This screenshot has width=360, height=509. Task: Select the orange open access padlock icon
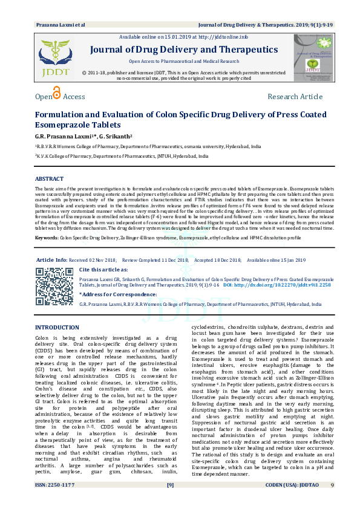pyautogui.click(x=56, y=93)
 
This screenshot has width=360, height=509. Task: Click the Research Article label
pyautogui.click(x=295, y=97)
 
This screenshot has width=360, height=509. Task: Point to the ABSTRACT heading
pyautogui.click(x=49, y=180)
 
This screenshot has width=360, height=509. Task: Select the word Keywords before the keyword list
pyautogui.click(x=47, y=239)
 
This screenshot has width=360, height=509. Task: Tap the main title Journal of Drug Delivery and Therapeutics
pyautogui.click(x=183, y=50)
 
